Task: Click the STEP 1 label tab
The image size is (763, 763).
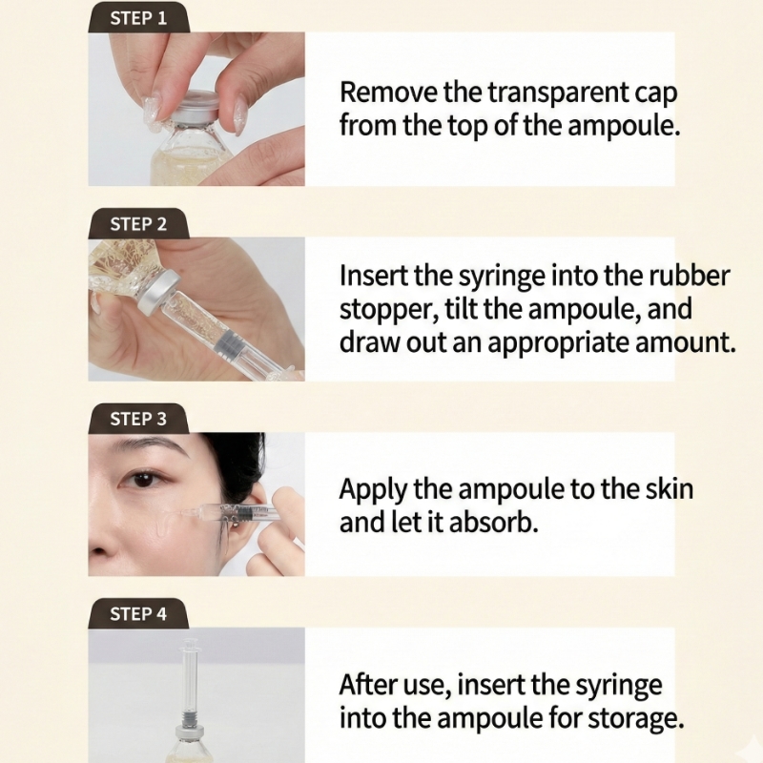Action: (x=138, y=18)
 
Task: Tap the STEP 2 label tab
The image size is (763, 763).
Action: (x=138, y=224)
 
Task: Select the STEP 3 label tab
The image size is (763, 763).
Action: (x=138, y=419)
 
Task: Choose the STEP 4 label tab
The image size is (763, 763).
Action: (x=138, y=613)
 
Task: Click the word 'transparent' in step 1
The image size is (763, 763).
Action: (x=557, y=93)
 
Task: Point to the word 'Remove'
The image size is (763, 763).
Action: (x=388, y=92)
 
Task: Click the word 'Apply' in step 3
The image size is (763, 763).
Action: (x=372, y=490)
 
